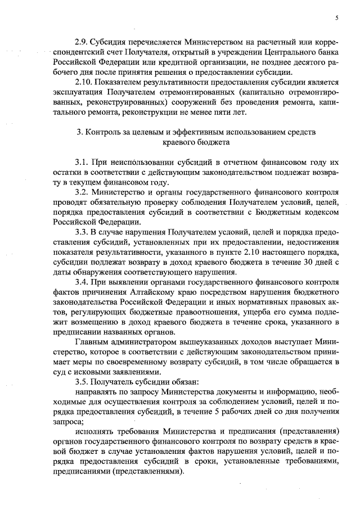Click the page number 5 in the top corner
point(336,18)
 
